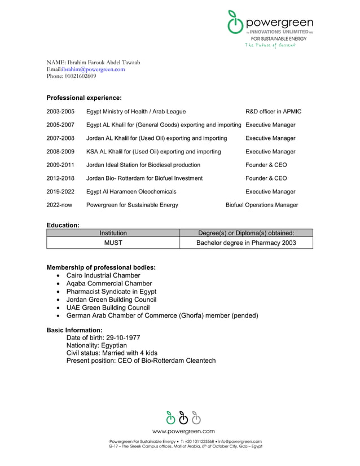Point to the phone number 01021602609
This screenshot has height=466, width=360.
(80, 76)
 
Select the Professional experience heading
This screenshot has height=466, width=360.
(84, 98)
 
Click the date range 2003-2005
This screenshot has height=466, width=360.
(60, 112)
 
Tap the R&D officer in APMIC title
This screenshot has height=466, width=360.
(273, 112)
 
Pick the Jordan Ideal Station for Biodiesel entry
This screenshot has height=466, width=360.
(143, 165)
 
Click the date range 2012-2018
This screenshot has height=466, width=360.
(60, 178)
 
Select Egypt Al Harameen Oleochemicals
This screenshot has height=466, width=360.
(131, 192)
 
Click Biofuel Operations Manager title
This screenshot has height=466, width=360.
(261, 205)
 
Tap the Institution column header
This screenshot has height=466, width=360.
(113, 232)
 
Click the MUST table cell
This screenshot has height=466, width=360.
(113, 243)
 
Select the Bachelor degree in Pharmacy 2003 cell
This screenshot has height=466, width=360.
(245, 243)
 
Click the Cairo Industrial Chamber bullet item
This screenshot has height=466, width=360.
(103, 275)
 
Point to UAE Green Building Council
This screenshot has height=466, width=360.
(108, 307)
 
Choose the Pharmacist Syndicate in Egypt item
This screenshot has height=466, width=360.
(111, 292)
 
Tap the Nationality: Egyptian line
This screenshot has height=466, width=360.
(96, 345)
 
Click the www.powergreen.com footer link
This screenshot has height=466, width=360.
(183, 431)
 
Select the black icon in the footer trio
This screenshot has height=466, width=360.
(183, 417)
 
